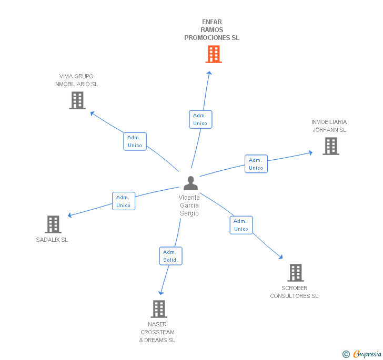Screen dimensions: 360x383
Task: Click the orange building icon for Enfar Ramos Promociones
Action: [x=213, y=54]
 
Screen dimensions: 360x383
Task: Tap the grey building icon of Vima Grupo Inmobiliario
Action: [x=77, y=100]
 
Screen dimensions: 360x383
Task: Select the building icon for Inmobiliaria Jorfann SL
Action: [x=330, y=146]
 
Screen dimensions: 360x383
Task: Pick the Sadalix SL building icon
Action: [x=53, y=224]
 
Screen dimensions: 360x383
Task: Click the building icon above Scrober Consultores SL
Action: [x=295, y=273]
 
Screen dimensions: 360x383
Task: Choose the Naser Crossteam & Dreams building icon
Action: [x=159, y=309]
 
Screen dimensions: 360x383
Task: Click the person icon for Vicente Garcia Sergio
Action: [x=190, y=183]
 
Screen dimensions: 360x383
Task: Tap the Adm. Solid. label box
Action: [x=170, y=256]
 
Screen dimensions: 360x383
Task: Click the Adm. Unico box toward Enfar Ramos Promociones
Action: [x=200, y=119]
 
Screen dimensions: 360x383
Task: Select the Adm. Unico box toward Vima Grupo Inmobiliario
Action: [x=135, y=141]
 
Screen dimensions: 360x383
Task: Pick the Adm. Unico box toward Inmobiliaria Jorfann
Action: [x=256, y=164]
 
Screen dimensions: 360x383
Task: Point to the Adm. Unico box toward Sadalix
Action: [x=123, y=201]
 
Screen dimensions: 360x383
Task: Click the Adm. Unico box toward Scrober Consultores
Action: [x=241, y=225]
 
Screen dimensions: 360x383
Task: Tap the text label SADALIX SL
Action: [x=52, y=240]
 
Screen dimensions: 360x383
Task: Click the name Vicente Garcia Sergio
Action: [x=189, y=205]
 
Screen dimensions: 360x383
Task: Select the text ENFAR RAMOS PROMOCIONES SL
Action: [x=211, y=30]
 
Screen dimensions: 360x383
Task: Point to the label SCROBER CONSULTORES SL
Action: [x=294, y=292]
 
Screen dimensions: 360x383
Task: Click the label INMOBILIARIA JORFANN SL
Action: [x=329, y=126]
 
